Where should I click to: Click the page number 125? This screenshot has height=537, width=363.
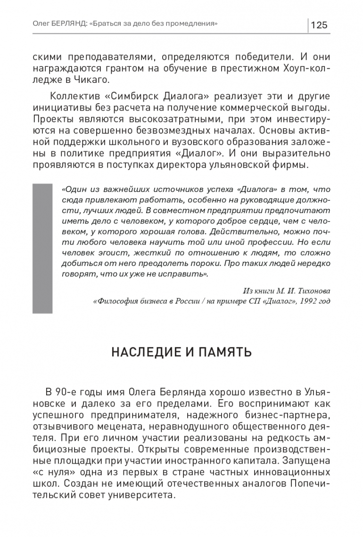pyautogui.click(x=319, y=25)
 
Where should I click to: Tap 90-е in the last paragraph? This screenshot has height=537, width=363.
pyautogui.click(x=67, y=391)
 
